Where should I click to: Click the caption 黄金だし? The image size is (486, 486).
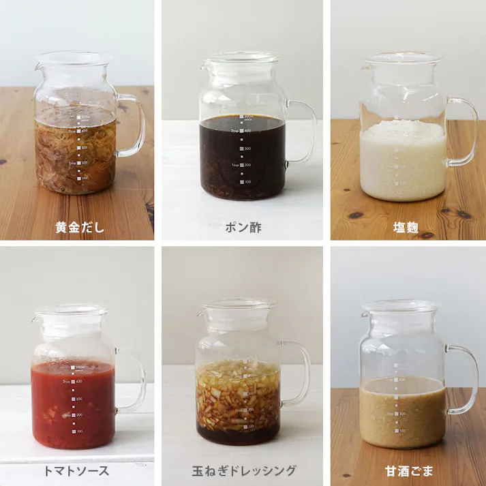coord(80,227)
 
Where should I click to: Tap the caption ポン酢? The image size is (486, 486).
coord(243,227)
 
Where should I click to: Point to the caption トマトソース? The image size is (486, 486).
coord(80,470)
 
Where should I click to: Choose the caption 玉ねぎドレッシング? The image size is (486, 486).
coord(243,470)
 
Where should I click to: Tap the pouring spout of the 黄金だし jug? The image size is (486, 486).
coord(40,66)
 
